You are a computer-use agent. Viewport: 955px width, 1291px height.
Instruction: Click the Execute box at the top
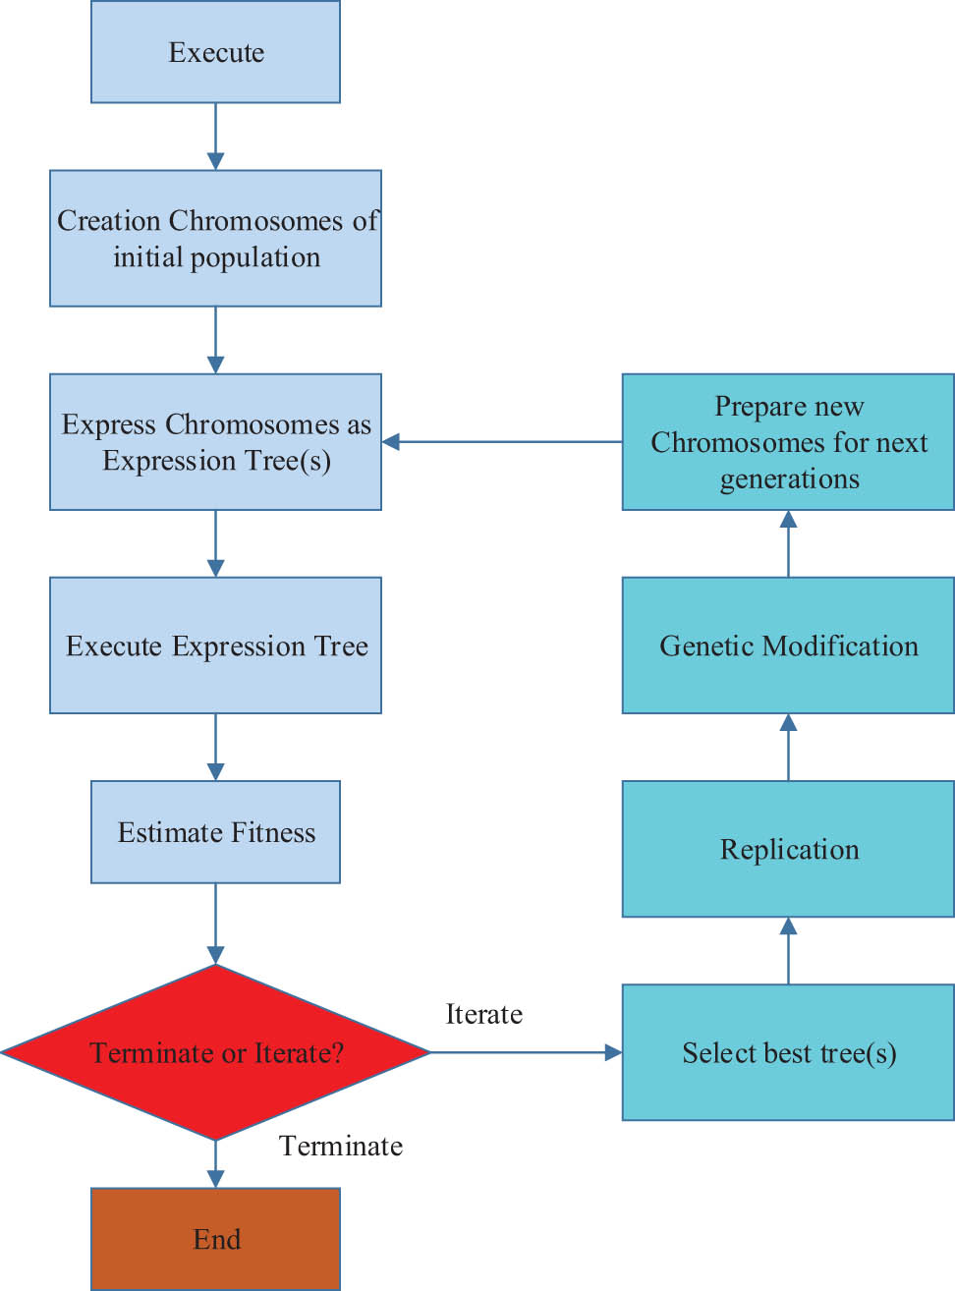tap(215, 52)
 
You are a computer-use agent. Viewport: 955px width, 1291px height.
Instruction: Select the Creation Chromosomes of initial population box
tap(215, 239)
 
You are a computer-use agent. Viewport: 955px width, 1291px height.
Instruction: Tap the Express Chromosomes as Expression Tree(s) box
tap(215, 442)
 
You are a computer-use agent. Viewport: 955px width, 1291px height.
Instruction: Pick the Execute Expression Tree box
tap(215, 645)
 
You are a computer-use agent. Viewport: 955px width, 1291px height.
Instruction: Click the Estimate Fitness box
tap(215, 832)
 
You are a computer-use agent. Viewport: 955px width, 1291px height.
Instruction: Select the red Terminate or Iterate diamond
tap(215, 1052)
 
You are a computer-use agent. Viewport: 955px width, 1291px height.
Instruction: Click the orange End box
tap(215, 1239)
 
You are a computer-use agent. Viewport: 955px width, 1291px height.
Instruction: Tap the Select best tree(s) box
tap(788, 1052)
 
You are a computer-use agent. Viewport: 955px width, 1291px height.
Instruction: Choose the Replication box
tap(788, 849)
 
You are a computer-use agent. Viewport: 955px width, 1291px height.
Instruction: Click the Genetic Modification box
tap(788, 645)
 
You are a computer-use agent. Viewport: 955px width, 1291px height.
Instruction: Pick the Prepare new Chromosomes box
tap(788, 442)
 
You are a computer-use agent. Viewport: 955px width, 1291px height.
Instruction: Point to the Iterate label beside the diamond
tap(483, 1014)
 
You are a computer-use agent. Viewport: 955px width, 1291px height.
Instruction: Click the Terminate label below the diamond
tap(341, 1146)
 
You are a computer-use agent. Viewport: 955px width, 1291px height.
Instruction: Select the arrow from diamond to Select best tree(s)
tap(526, 1052)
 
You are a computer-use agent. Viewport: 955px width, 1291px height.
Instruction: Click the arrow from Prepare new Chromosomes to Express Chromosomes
tap(501, 442)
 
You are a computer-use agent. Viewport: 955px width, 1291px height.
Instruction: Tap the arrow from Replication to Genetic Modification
tap(788, 748)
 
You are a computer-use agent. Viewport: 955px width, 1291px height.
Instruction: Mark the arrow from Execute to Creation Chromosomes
tap(215, 137)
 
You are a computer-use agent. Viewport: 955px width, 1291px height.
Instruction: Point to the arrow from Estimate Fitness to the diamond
tap(215, 924)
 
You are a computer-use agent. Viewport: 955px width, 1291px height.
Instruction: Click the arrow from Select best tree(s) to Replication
tap(788, 951)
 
